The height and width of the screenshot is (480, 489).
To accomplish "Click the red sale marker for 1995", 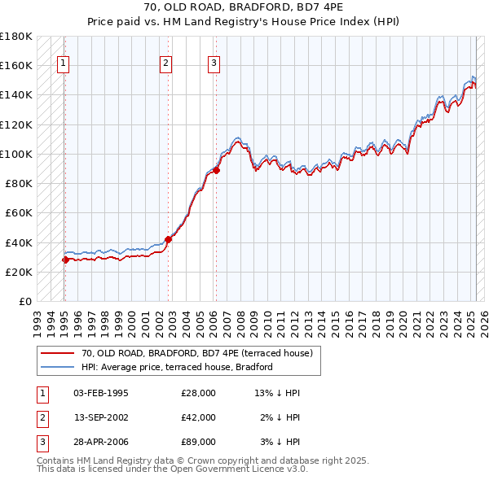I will tap(65, 260).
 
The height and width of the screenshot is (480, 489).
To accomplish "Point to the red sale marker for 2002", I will tap(169, 239).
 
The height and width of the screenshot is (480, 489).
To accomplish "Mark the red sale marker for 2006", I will tap(217, 170).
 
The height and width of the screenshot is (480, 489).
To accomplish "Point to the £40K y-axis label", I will tap(19, 242).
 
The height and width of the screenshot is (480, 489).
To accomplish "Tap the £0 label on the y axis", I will tap(24, 301).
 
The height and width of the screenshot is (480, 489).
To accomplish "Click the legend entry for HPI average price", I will tap(176, 367).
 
